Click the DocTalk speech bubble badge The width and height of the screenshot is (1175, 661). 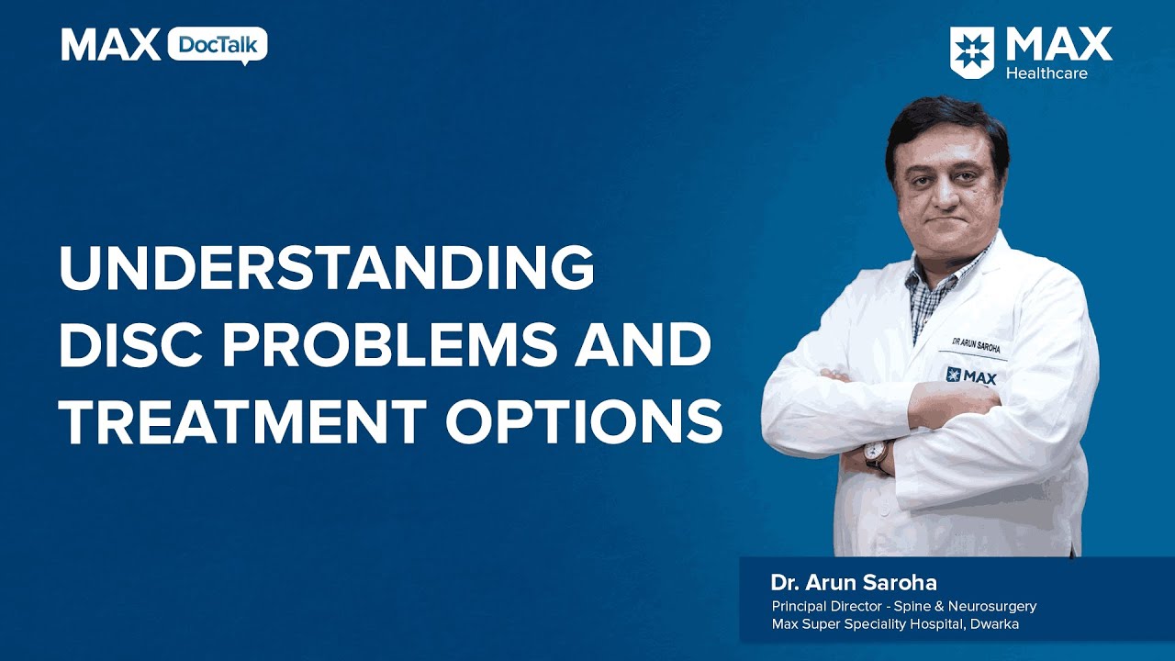pos(218,46)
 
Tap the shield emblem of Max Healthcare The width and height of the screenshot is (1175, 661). pos(971,52)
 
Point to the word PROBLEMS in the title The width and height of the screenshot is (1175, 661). pos(390,344)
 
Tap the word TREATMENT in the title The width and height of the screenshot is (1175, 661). pos(242,421)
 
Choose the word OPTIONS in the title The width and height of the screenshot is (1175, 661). pos(585,421)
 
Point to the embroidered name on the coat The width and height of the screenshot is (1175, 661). pos(976,346)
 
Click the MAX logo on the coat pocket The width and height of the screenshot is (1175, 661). pos(971,376)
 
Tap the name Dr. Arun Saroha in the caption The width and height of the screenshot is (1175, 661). pos(854,583)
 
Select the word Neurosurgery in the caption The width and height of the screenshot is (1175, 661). pos(992,607)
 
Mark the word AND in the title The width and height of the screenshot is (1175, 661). pos(643,344)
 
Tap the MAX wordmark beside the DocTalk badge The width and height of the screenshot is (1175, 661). pos(111,45)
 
